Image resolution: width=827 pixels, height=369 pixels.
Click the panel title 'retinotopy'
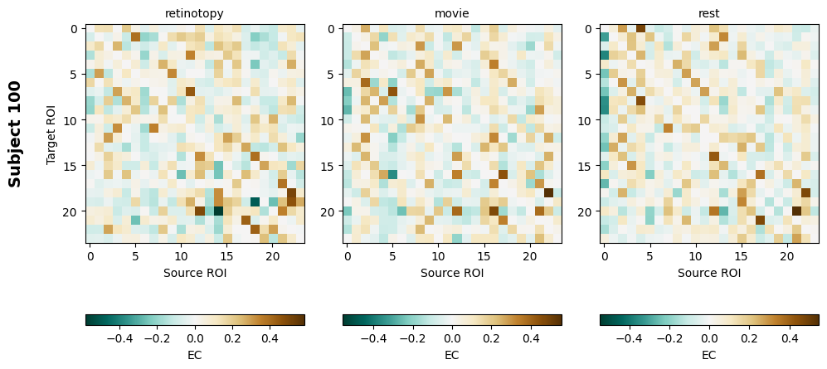tap(194, 13)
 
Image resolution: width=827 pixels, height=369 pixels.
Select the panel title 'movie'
tap(452, 13)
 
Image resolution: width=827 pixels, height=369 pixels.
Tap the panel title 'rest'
tap(709, 13)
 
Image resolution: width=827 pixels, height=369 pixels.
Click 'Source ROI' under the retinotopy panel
tap(195, 272)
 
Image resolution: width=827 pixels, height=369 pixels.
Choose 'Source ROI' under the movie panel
tap(452, 272)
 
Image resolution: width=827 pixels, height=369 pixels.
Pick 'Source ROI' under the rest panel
tap(709, 272)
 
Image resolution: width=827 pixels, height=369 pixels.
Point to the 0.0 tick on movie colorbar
tap(452, 338)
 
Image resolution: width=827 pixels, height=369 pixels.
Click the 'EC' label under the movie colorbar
tap(452, 355)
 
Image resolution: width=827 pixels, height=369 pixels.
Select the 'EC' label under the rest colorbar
tap(709, 355)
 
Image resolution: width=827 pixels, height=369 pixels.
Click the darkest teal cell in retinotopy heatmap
tap(218, 211)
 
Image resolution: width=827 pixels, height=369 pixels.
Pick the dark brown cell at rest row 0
tap(641, 27)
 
